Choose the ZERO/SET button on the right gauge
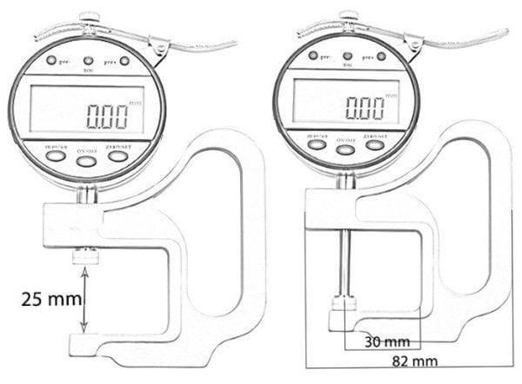[x=375, y=144]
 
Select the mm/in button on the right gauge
[x=318, y=144]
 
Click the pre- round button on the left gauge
[x=51, y=61]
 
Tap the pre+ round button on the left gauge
[x=124, y=61]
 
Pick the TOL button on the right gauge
[x=347, y=56]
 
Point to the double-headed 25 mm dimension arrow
[x=84, y=300]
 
